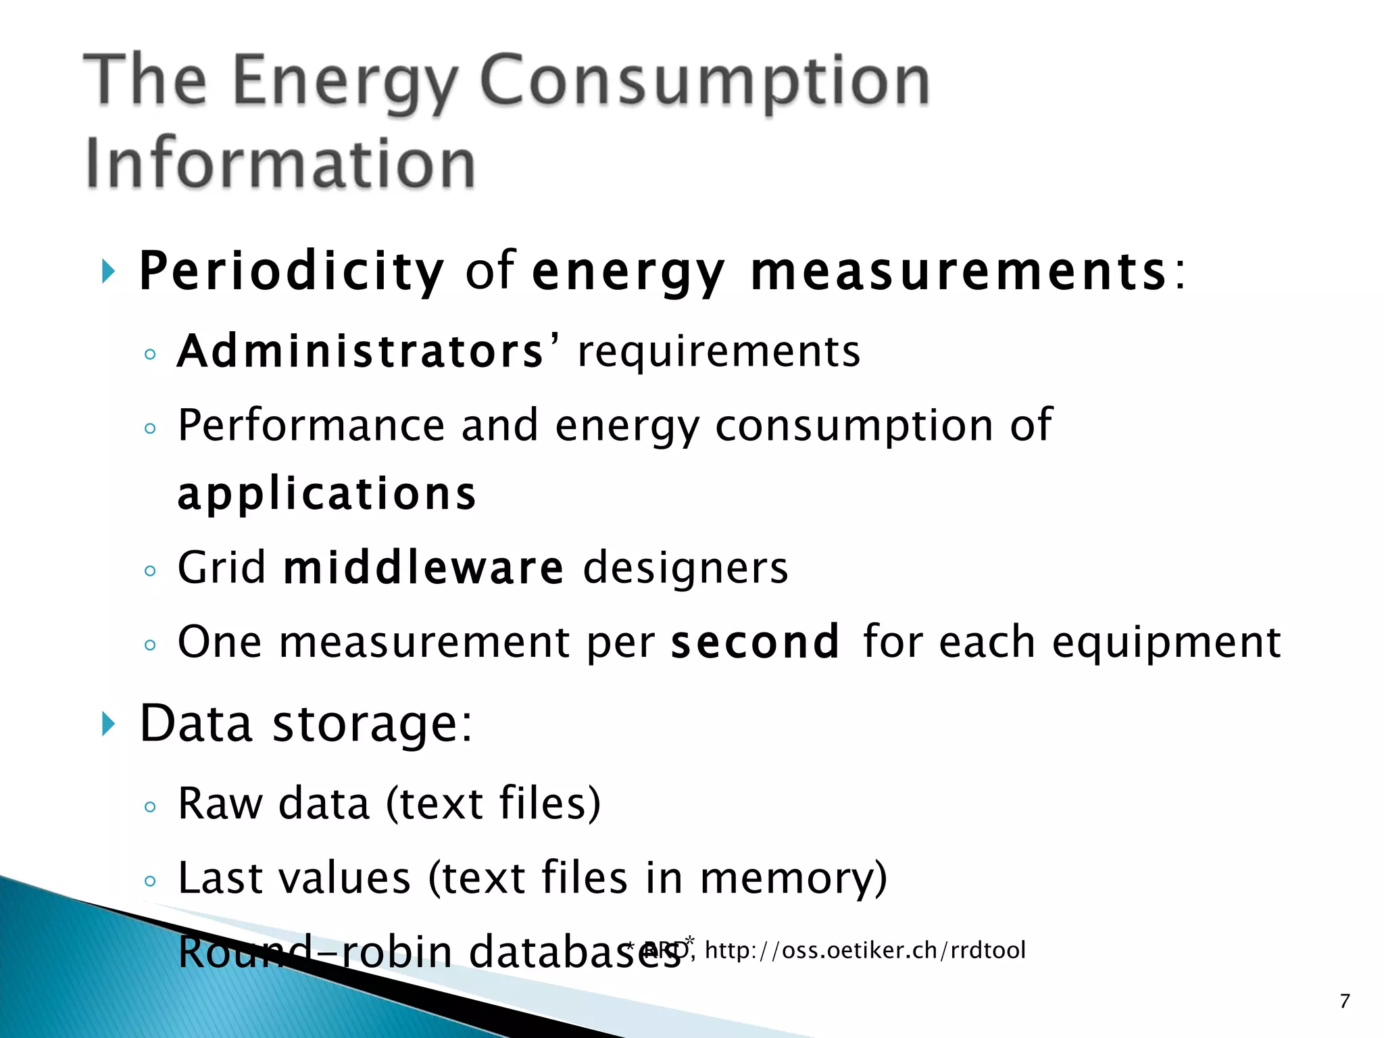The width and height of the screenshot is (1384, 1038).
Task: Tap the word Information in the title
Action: coord(281,164)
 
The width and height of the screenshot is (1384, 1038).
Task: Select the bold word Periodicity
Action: coord(291,272)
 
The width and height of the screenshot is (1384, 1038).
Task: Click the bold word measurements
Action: coord(958,272)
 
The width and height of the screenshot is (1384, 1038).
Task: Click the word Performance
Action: coord(311,426)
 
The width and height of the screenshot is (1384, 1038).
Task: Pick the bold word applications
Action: coord(327,494)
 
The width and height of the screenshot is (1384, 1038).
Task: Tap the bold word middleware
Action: coord(423,568)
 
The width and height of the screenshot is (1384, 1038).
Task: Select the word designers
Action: coord(685,568)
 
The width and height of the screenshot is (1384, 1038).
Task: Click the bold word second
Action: coord(755,642)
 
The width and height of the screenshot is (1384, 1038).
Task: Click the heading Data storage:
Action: coord(305,724)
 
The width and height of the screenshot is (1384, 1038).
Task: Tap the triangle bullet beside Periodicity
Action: coord(108,272)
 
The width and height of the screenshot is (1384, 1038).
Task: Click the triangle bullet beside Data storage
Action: coord(108,724)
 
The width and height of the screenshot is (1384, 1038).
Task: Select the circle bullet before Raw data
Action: coord(150,806)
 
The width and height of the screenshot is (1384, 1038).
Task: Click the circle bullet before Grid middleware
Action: coord(150,570)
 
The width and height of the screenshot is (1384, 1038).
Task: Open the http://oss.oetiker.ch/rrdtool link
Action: coord(864,950)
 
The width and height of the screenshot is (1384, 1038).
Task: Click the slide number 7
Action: coord(1344,1001)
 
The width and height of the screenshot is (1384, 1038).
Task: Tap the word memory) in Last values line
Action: coord(793,879)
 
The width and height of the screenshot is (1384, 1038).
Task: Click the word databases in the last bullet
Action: coord(574,951)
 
